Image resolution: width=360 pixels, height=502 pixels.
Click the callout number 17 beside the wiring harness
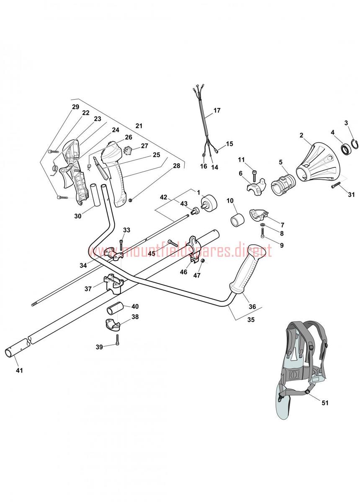tap(217, 110)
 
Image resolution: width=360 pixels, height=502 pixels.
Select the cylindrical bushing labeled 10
tap(237, 219)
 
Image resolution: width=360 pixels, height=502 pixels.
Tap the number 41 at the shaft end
tap(20, 371)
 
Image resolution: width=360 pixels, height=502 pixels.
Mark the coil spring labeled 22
tap(54, 169)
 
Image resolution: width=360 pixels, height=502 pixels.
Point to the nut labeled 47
tap(202, 261)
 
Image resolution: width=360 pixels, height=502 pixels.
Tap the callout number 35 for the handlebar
tap(251, 320)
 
